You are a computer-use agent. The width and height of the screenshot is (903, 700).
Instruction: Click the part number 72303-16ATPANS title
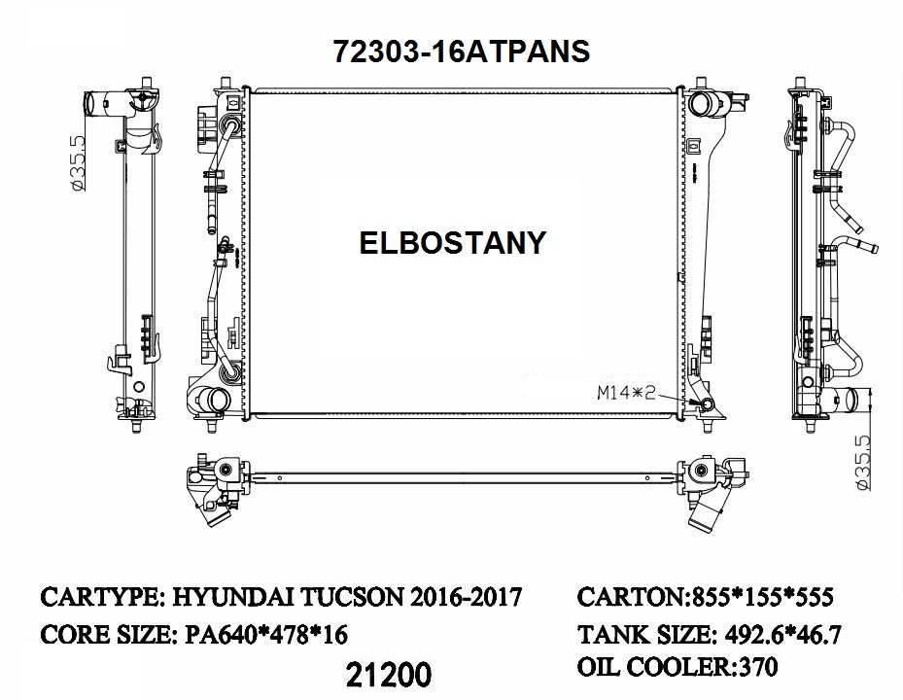pos(461,51)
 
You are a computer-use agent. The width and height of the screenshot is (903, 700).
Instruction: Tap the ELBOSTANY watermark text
pos(453,242)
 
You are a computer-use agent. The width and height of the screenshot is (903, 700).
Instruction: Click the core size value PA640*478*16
pos(265,635)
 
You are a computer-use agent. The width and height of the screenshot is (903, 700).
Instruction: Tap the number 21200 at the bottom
pos(388,673)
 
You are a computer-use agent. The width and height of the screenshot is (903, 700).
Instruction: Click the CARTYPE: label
pos(105,596)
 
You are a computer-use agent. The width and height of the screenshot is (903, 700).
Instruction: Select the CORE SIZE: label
pos(108,635)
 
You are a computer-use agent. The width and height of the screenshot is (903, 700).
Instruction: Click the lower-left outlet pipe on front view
pos(203,400)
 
